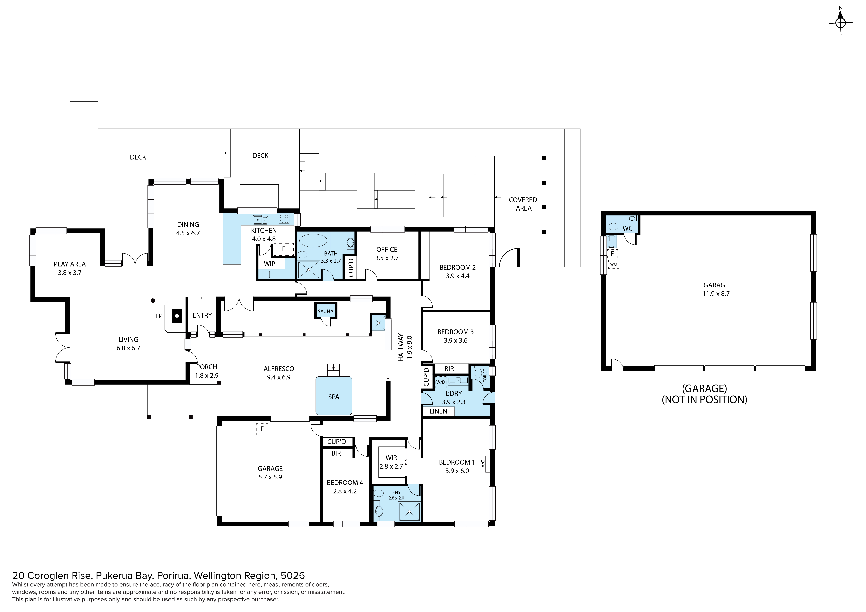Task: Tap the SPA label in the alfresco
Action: coord(333,397)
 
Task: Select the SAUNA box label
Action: coord(325,311)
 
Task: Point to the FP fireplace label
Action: coord(159,316)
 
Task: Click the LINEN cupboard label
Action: coord(438,411)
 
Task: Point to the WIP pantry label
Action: coord(269,264)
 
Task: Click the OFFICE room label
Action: coord(387,249)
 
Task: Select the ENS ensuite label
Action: coord(396,492)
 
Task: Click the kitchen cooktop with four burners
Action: coord(284,219)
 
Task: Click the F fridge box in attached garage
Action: coord(262,429)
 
